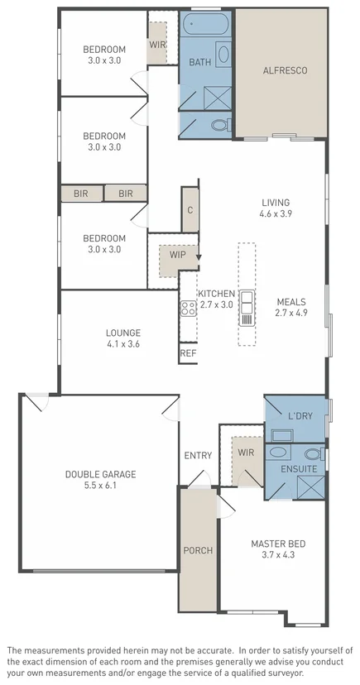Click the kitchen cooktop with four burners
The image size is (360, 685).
[x=188, y=308]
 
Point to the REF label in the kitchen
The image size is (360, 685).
[x=188, y=353]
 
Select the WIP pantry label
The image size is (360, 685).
[x=177, y=254]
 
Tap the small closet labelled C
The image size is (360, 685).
[x=190, y=210]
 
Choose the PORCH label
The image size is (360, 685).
[x=198, y=551]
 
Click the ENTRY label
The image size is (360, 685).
[x=198, y=455]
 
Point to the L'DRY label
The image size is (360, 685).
[x=300, y=416]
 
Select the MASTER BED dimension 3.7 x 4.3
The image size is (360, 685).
[x=278, y=555]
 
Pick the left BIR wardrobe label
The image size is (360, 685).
[x=80, y=194]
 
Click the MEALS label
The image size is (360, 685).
[x=291, y=302]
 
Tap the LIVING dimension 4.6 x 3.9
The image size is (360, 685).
[x=276, y=213]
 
